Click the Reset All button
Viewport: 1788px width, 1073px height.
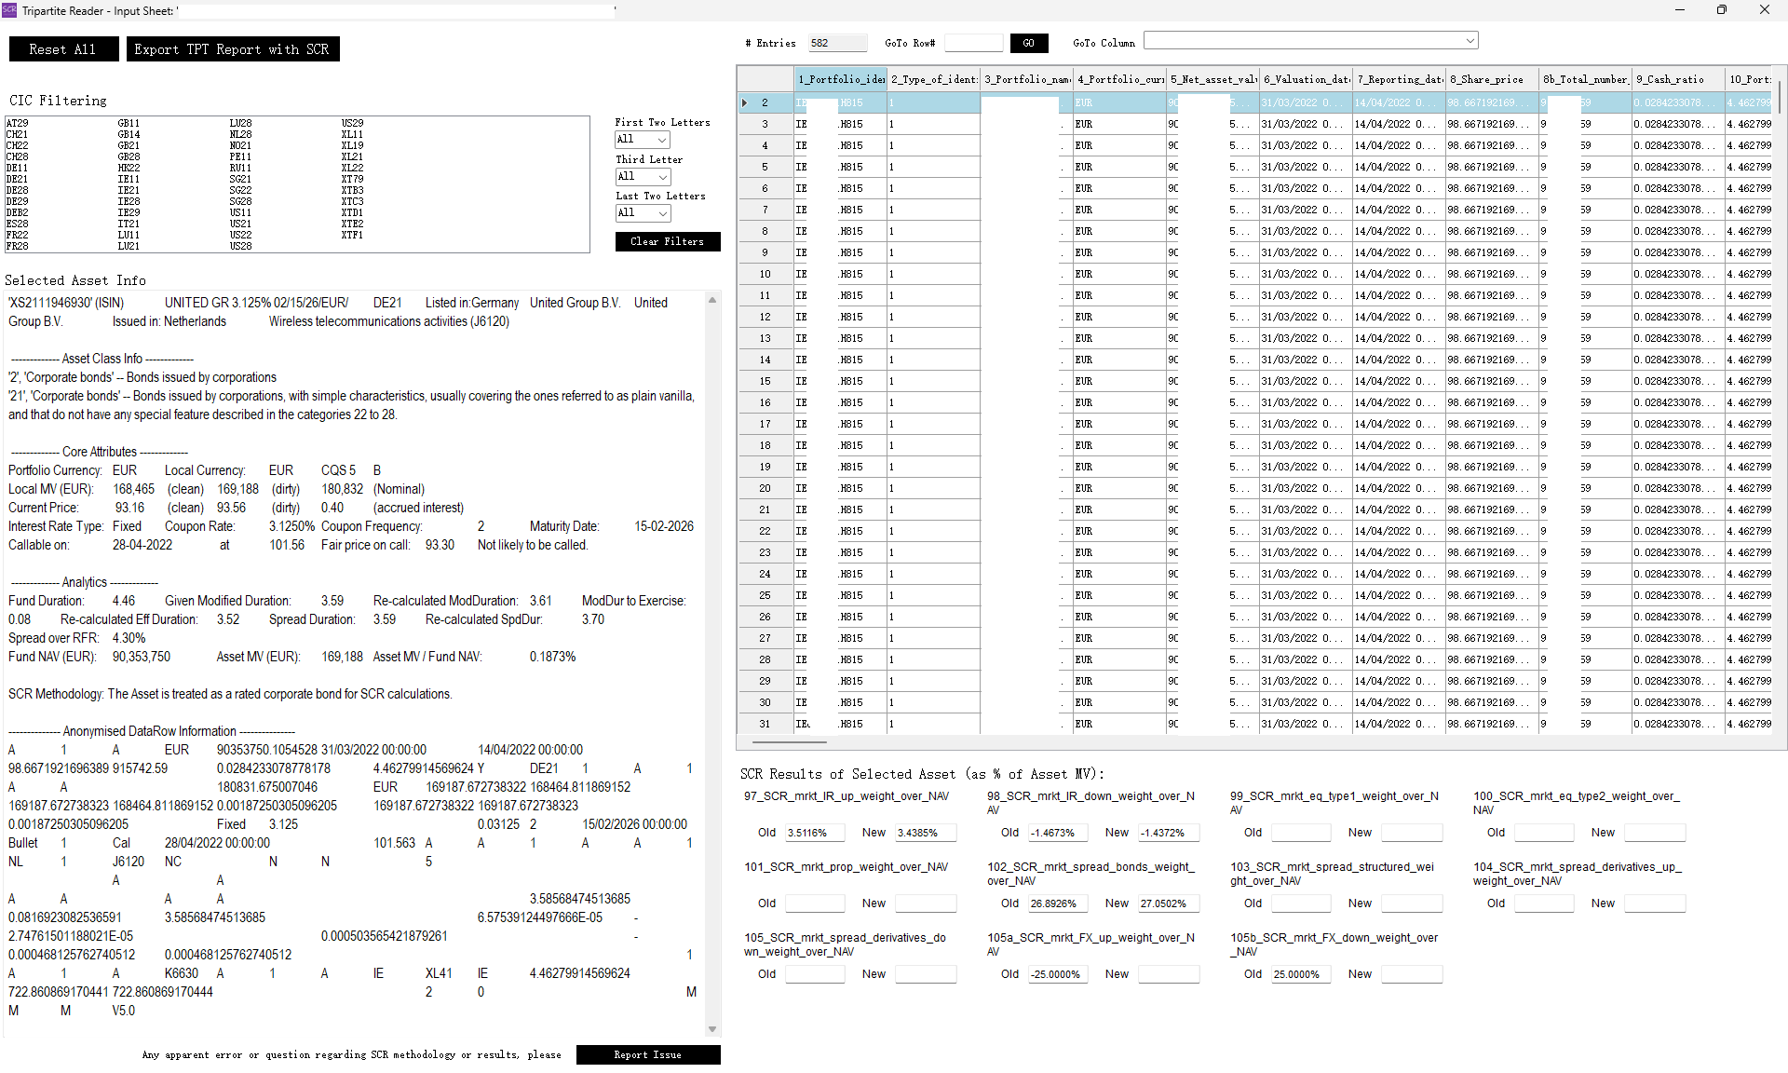(x=63, y=49)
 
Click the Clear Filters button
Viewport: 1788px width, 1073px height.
(x=667, y=242)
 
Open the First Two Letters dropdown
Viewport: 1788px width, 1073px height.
(x=643, y=140)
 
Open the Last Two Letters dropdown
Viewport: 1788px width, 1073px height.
(x=643, y=213)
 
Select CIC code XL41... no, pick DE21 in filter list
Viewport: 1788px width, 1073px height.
(x=17, y=179)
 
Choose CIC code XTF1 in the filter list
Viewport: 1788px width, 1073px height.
(x=352, y=235)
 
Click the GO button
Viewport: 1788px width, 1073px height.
(x=1028, y=43)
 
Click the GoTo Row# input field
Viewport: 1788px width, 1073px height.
(x=973, y=43)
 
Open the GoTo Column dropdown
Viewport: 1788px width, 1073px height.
(x=1310, y=41)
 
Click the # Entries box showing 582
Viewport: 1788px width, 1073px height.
(x=836, y=43)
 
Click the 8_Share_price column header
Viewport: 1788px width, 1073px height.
(x=1491, y=79)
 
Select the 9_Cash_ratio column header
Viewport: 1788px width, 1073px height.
(x=1677, y=79)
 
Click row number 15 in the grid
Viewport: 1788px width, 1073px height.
(x=765, y=381)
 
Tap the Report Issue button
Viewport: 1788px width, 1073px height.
(x=647, y=1055)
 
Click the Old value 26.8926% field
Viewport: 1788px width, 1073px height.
(x=1057, y=903)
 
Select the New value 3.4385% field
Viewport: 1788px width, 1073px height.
(x=925, y=833)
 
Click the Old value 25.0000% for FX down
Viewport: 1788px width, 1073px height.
(x=1300, y=974)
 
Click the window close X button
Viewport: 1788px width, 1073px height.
(x=1764, y=10)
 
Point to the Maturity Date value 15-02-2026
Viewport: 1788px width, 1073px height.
(x=664, y=526)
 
